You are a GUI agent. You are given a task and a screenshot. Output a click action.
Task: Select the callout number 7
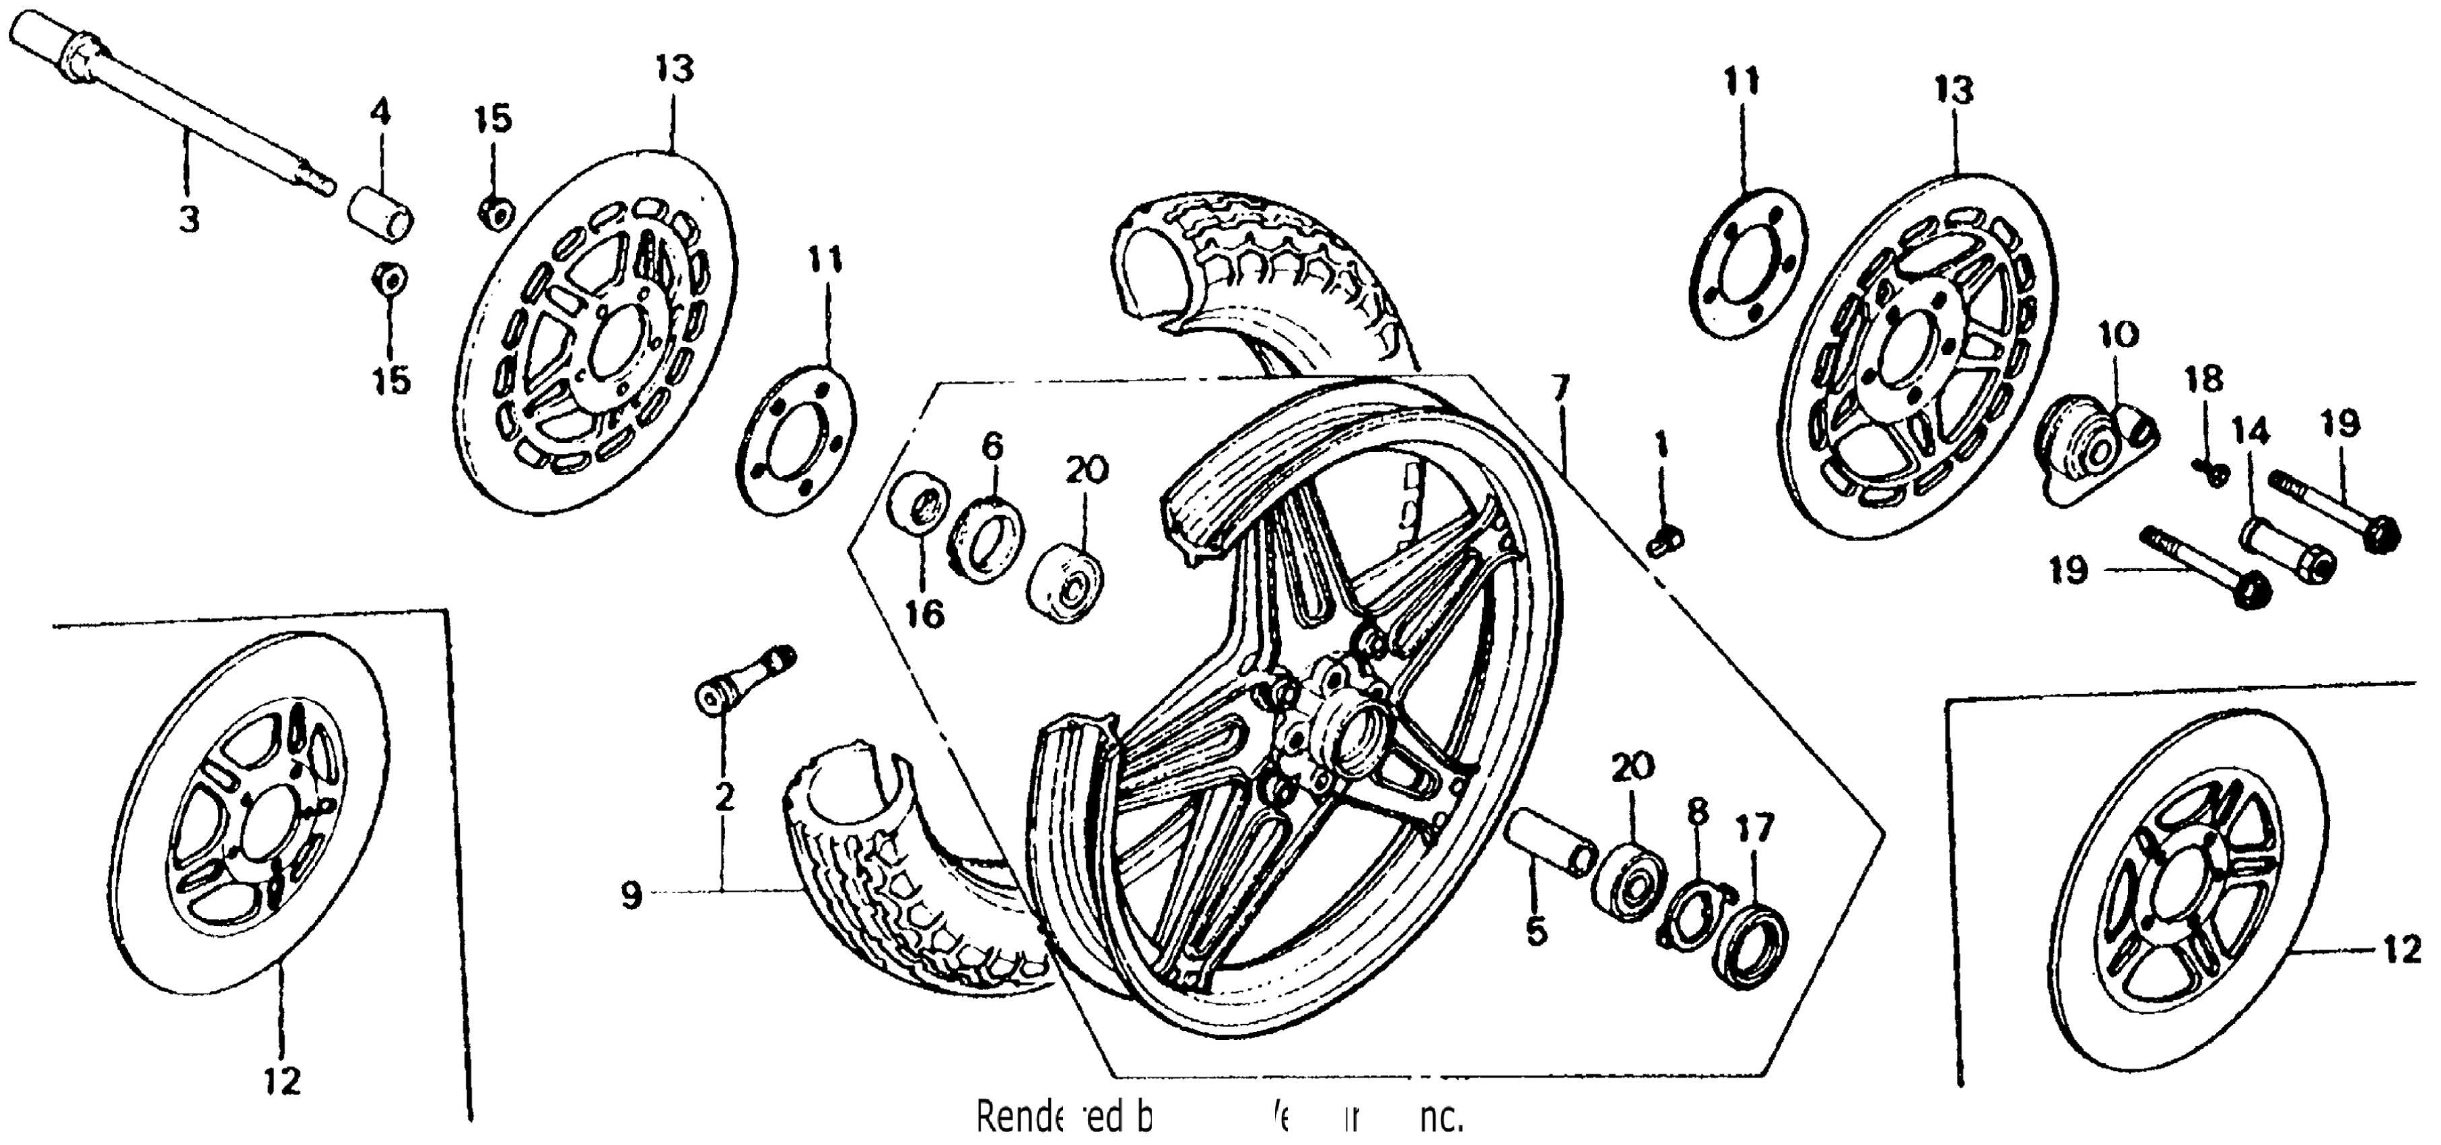[1560, 389]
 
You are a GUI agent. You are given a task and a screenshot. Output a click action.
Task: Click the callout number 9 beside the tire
[632, 894]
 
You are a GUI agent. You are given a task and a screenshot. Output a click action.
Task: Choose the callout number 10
[2119, 335]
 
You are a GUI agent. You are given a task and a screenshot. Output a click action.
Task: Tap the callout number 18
[2204, 380]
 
